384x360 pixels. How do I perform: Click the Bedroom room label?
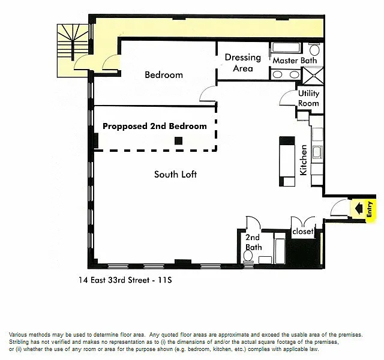pos(164,74)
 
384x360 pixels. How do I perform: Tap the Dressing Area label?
pos(242,62)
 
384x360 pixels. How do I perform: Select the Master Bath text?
pos(295,61)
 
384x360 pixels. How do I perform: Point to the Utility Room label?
pos(308,98)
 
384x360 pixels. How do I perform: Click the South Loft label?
pos(175,175)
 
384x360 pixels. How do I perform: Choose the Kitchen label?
pos(304,160)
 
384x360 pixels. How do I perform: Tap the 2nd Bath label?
pos(253,242)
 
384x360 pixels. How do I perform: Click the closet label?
pos(302,231)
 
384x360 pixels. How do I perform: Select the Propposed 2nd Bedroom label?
pos(155,126)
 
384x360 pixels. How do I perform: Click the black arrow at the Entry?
pos(359,208)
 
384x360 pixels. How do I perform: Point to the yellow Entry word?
pos(370,209)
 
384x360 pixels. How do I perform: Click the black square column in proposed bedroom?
pos(179,141)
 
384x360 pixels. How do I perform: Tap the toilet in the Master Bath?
pos(314,49)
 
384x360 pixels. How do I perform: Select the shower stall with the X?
pos(313,76)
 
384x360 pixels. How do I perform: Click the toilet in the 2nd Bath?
pos(248,257)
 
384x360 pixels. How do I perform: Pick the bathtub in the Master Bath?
pos(286,48)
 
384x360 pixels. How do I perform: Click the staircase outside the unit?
pos(73,50)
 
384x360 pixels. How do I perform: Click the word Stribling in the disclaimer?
pos(18,342)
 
